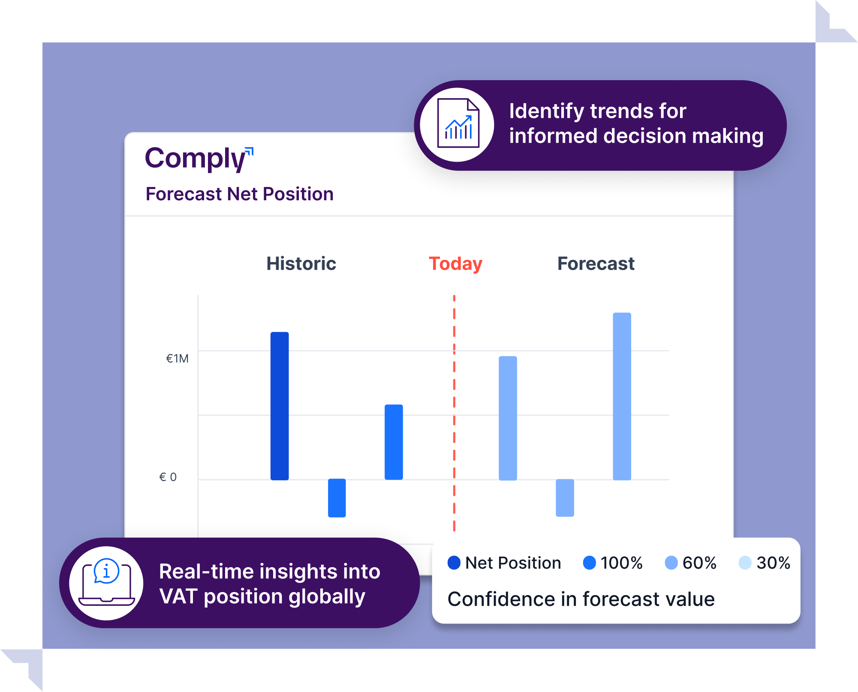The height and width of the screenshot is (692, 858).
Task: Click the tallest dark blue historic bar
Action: pos(280,406)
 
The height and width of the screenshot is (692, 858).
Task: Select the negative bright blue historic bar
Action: pos(337,498)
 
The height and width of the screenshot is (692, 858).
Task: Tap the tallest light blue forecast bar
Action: pos(622,396)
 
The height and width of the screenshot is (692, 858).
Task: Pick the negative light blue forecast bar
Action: pos(565,498)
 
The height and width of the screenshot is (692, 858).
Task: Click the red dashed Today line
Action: pos(454,413)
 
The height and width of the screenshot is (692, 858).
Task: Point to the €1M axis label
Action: pos(177,358)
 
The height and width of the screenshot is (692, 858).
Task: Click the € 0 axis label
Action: pos(168,477)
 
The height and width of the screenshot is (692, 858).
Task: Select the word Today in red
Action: pos(455,264)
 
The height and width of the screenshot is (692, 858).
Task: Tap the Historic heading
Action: pos(301,263)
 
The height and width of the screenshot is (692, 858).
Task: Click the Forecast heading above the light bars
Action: pos(596,263)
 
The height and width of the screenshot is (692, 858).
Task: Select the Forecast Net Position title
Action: pos(239,194)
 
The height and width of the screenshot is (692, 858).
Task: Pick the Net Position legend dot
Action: pos(454,563)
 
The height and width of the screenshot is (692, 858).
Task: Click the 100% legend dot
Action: pos(590,563)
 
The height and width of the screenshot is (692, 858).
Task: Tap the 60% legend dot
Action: pos(671,563)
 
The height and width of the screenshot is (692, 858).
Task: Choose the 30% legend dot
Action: pos(745,563)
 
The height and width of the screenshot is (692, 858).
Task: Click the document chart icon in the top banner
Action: pos(458,123)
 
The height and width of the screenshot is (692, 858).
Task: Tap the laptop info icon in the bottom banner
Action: pos(107,582)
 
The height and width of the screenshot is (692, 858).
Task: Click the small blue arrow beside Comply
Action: pos(249,151)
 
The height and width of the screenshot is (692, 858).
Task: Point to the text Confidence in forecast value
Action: pos(581,599)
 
